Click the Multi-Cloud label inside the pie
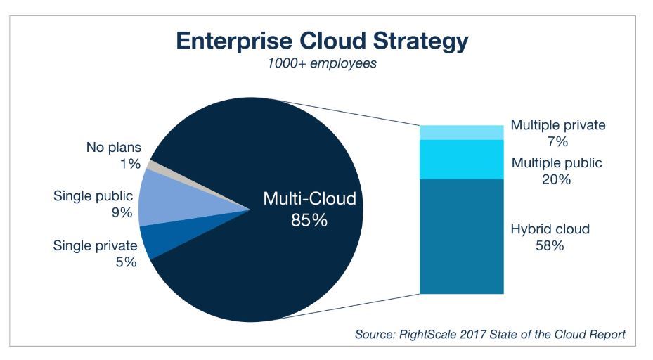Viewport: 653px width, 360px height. (x=309, y=199)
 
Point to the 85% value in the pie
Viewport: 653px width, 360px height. (x=309, y=220)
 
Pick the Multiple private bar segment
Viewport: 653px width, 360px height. (x=461, y=132)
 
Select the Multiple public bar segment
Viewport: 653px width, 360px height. (x=461, y=160)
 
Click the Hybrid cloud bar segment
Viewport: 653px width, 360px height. (x=461, y=237)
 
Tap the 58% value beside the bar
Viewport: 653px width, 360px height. (x=550, y=245)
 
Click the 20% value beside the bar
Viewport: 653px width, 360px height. (x=557, y=179)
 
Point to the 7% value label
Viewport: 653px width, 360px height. (x=557, y=141)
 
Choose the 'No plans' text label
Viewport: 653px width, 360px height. (x=114, y=147)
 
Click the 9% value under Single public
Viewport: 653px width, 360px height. (x=122, y=212)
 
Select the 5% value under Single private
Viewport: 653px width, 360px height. (x=127, y=262)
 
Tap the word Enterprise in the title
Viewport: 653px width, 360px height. (x=234, y=41)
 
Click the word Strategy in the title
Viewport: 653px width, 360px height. (x=420, y=41)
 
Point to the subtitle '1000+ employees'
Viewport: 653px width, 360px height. (x=322, y=63)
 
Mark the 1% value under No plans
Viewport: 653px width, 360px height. (x=130, y=164)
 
